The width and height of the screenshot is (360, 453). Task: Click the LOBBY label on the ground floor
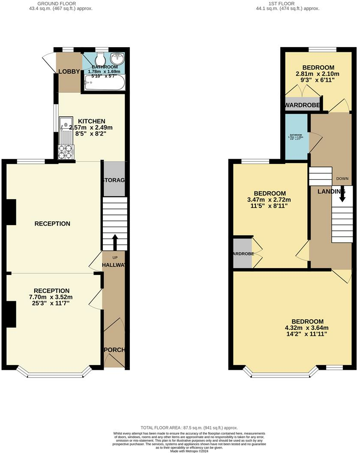click(x=69, y=72)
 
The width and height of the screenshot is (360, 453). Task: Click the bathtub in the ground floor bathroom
click(x=104, y=82)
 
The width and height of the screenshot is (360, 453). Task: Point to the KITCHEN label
click(x=91, y=121)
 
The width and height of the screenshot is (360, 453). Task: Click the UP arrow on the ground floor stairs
click(x=115, y=241)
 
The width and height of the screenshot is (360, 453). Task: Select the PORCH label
click(x=114, y=350)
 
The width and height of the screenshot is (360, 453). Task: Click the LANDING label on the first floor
click(x=331, y=191)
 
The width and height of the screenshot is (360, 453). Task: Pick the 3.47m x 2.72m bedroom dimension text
click(x=270, y=200)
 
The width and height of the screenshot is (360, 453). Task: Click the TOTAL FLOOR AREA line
click(x=189, y=428)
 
